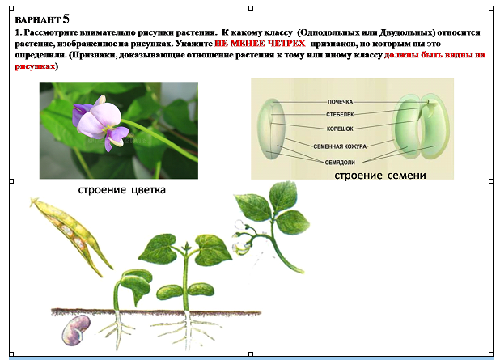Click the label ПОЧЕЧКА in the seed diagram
tap(340, 102)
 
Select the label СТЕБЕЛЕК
tap(340, 114)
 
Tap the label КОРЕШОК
tap(340, 129)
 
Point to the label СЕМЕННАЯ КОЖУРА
tap(340, 146)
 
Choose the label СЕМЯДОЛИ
tap(340, 163)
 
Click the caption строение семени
tap(380, 175)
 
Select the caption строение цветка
tap(122, 190)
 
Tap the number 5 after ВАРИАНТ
tap(66, 19)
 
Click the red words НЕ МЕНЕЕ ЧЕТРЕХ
tap(260, 44)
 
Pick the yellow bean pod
tap(71, 236)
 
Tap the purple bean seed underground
tap(76, 330)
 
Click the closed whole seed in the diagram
tap(272, 129)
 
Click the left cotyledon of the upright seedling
tap(169, 293)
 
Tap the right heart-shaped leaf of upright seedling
tap(209, 250)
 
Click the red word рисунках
tap(35, 66)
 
